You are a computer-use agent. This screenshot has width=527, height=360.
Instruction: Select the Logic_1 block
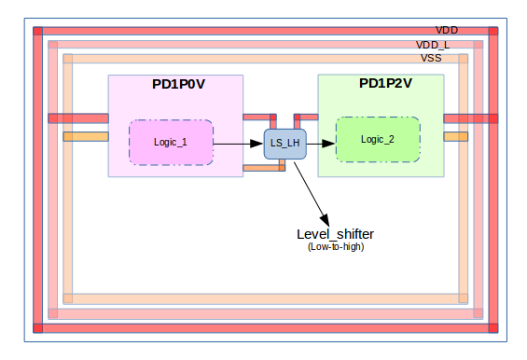click(x=171, y=143)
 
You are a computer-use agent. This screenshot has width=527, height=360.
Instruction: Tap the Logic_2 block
click(x=377, y=140)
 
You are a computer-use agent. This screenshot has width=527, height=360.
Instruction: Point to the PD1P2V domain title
click(x=385, y=84)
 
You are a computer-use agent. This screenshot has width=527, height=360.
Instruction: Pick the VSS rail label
click(x=431, y=58)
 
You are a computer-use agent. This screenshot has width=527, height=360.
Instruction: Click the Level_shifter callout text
click(x=335, y=233)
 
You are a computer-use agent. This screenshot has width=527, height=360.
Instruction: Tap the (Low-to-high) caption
click(x=335, y=246)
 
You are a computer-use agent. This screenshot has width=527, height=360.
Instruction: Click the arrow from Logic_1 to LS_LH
click(x=238, y=145)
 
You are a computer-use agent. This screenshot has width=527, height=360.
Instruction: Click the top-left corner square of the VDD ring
click(x=38, y=32)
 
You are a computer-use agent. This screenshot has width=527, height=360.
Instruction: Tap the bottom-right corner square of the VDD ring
click(x=492, y=327)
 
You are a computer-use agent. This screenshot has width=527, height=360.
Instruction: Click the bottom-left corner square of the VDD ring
click(x=38, y=327)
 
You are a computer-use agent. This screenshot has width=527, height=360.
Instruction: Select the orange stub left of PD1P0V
click(x=86, y=137)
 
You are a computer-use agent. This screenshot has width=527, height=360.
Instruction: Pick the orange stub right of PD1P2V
click(x=455, y=136)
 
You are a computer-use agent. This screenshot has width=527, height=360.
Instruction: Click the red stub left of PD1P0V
click(x=78, y=118)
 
